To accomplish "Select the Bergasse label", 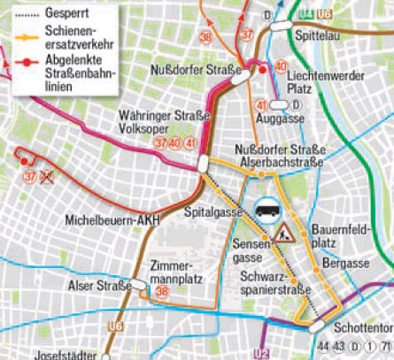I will [x=343, y=264].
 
